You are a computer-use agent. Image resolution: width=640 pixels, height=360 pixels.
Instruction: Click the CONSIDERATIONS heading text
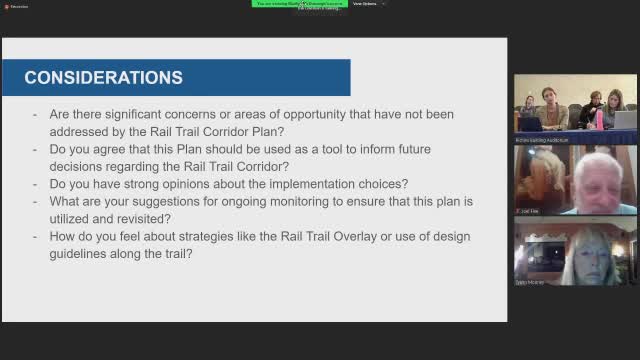[103, 77]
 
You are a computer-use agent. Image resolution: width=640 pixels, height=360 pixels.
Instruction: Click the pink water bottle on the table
[599, 119]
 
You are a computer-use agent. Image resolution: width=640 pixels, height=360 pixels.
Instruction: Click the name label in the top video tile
[541, 140]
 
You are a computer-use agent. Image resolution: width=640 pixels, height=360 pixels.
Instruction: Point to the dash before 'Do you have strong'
[36, 184]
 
